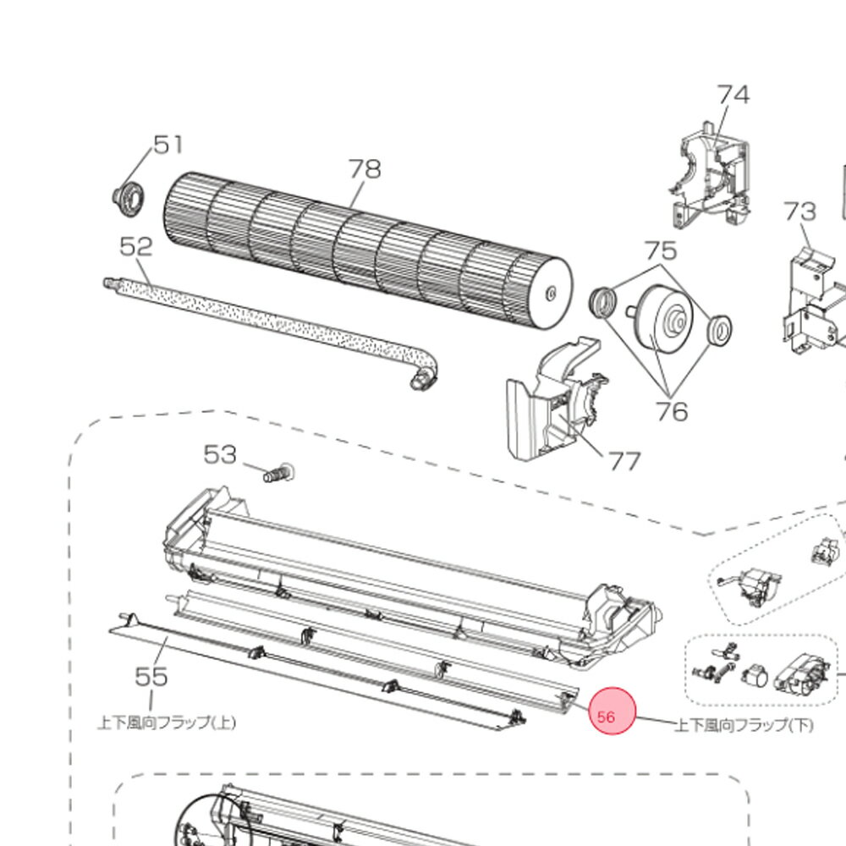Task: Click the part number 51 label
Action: tap(168, 146)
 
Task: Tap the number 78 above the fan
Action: tap(365, 169)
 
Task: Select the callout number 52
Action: tap(136, 247)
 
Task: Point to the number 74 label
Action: tap(733, 95)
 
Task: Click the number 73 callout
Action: tap(799, 211)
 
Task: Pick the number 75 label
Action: tap(661, 250)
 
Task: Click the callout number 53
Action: tap(220, 455)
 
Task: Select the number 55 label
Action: tap(151, 676)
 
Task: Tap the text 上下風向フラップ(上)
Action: tap(167, 722)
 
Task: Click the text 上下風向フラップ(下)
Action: tap(744, 725)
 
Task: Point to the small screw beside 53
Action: tap(277, 474)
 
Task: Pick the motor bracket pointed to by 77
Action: tap(555, 401)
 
